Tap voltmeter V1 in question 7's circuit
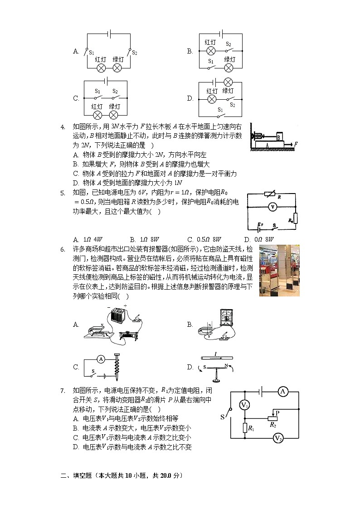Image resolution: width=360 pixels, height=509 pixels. (244, 405)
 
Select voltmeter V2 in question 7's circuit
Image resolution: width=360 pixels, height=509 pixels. (278, 438)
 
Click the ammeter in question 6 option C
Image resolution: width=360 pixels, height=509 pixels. (101, 359)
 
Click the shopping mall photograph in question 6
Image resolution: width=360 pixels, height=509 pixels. (279, 271)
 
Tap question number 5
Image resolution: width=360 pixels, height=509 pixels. (63, 192)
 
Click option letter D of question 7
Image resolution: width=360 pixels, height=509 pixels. (76, 447)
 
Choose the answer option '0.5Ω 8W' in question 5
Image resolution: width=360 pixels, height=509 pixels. (204, 239)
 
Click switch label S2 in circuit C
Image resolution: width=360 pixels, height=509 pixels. (115, 91)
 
